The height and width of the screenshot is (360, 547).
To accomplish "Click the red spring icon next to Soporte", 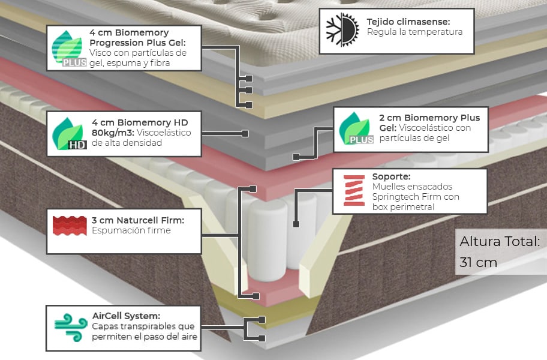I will point(353,190).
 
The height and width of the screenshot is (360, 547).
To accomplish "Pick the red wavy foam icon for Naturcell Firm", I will point(70,226).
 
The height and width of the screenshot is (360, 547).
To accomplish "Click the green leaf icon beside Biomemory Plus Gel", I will point(356,128).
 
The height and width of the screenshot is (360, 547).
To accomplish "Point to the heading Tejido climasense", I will point(408,22).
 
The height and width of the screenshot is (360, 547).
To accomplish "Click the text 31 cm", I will point(478,262).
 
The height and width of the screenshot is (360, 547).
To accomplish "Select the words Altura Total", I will point(500,242).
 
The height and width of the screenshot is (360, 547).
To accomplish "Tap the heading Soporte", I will point(391,177).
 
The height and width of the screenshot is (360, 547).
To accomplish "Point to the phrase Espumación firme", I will point(131,230).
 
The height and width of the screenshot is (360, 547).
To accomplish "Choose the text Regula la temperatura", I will point(414,32).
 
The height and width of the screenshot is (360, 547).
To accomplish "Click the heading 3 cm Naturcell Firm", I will point(137,220).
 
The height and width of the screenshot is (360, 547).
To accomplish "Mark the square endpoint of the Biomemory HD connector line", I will point(245,133).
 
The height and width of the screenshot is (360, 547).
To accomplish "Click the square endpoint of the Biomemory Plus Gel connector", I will point(296,157).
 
